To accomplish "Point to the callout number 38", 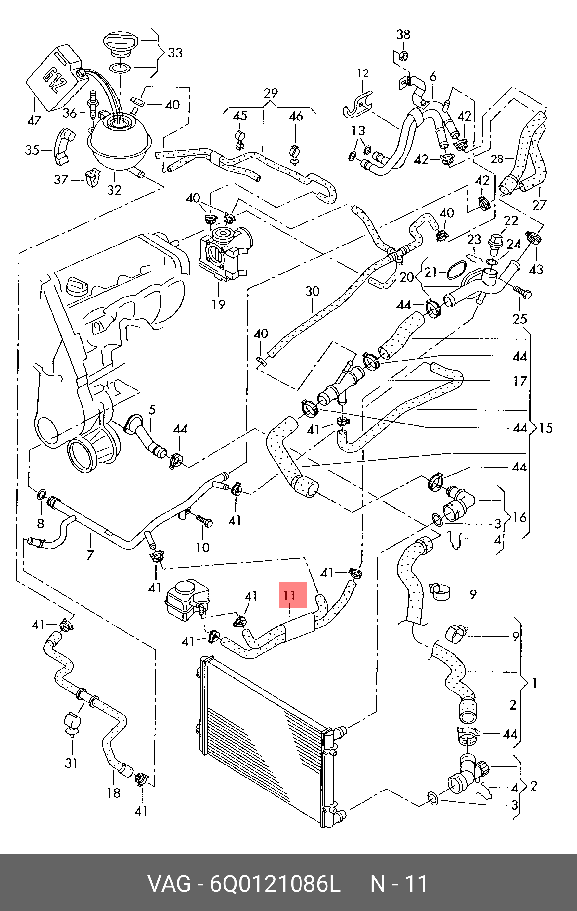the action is pos(403,34).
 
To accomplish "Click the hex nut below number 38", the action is pos(403,56).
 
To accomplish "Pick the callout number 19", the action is pos(219,304).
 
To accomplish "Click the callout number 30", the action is pos(313,291).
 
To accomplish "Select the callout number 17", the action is pos(520,381).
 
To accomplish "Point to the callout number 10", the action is pos(202,548).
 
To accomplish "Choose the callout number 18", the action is pos(113,792).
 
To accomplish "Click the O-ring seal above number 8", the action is pos(42,494).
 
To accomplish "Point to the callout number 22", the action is pos(511,221).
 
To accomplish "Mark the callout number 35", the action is pos(32,150).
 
